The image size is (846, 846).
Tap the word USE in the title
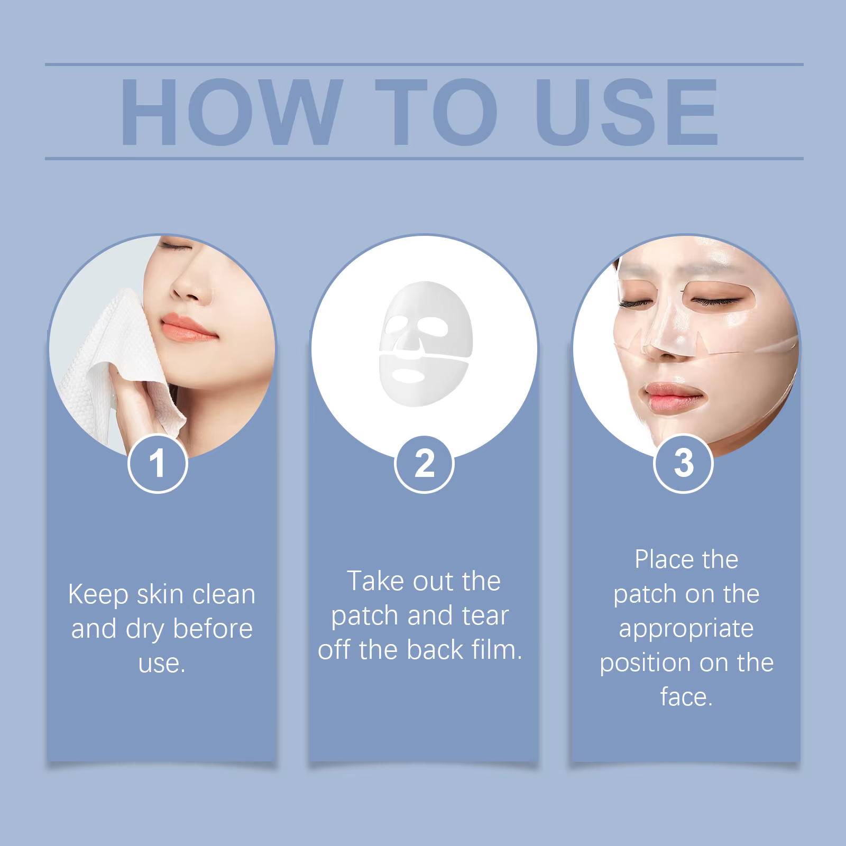[626, 112]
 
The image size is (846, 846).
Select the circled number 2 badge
[424, 463]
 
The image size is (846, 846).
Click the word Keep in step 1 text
[98, 595]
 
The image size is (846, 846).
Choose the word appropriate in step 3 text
[686, 629]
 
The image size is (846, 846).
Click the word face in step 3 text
[686, 697]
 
